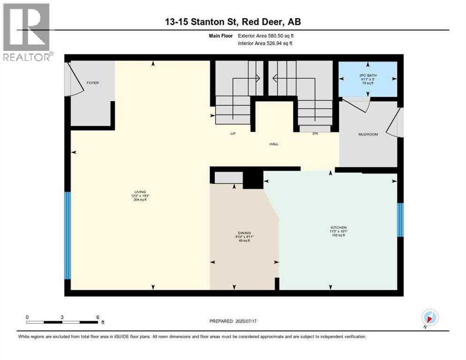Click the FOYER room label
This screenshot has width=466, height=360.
coord(92,83)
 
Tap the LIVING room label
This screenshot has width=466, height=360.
coord(140,192)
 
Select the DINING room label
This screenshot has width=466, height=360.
coord(244,233)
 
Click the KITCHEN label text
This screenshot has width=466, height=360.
coord(338,227)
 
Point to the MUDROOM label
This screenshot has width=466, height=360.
coord(368,135)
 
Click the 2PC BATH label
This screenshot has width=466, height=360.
coord(368,75)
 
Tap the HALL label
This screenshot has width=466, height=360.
coord(274,144)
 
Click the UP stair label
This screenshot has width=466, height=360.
coord(233,134)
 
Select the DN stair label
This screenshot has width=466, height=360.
coord(316,134)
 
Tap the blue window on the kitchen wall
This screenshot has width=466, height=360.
coord(400,219)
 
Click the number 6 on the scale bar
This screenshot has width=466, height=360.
coord(98,317)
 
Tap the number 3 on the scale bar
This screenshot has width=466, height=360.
coord(62,317)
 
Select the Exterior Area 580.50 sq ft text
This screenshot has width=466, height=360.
coord(266,36)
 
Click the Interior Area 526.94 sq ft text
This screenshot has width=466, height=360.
coord(266,44)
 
